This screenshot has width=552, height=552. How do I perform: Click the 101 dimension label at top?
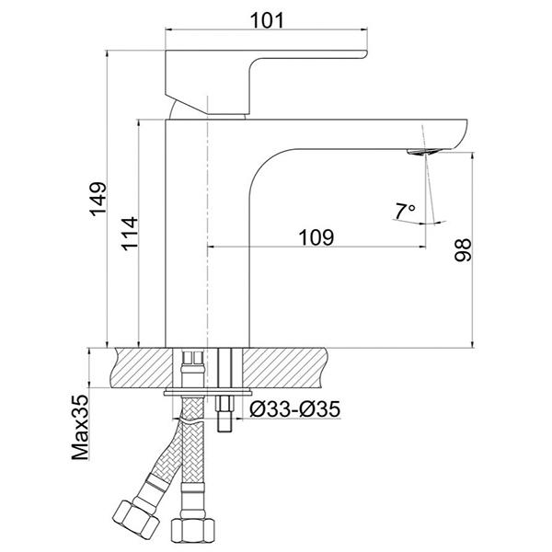[267, 21]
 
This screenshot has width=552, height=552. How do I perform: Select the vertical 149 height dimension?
[107, 199]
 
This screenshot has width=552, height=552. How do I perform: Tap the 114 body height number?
[130, 234]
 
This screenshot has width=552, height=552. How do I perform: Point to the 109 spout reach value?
[316, 237]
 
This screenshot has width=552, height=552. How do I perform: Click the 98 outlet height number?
[463, 249]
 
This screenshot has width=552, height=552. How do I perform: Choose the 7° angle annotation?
[405, 211]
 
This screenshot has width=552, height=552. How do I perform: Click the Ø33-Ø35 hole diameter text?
[295, 408]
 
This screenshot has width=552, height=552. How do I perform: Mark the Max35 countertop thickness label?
[80, 428]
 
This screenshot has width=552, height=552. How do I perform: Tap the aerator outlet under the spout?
[422, 152]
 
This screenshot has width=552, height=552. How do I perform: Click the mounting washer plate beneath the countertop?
[208, 392]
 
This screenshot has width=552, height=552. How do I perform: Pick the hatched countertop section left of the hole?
[144, 367]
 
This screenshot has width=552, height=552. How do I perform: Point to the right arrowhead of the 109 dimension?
[422, 247]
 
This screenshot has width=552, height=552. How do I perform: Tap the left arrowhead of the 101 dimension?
[169, 30]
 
